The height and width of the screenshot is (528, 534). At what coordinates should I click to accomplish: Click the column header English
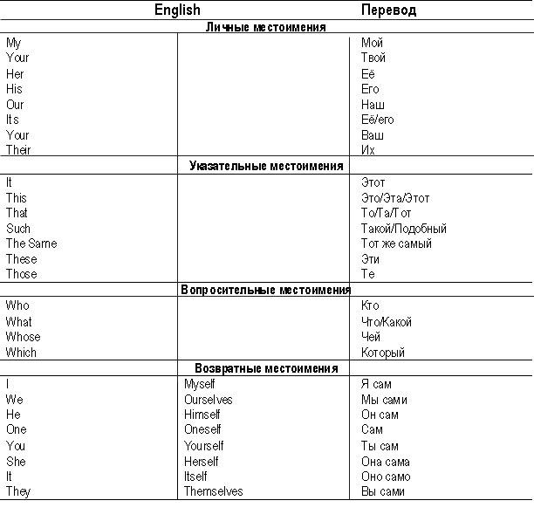click(177, 10)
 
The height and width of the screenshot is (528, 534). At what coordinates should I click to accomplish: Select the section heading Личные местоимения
click(266, 28)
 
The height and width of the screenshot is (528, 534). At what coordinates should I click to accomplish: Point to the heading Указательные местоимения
click(266, 165)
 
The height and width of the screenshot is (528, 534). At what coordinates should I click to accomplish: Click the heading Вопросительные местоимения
click(266, 290)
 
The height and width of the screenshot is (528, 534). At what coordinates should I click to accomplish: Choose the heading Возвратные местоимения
click(266, 367)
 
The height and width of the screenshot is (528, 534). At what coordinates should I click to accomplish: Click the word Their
click(19, 150)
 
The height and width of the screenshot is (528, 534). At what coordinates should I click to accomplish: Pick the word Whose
click(23, 337)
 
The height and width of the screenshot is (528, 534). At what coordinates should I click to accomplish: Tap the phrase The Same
click(31, 243)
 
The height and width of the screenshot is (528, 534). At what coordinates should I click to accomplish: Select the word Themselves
click(214, 491)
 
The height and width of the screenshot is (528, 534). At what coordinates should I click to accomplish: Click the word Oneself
click(203, 429)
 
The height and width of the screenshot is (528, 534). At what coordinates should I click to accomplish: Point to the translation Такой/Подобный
click(404, 229)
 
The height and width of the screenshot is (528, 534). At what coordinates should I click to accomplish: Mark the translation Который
click(384, 353)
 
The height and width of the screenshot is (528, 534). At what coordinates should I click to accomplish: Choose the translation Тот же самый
click(397, 243)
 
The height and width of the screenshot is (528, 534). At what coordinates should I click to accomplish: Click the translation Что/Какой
click(387, 322)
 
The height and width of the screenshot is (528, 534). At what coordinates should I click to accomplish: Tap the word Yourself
click(204, 445)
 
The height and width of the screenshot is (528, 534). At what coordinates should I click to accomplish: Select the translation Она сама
click(386, 461)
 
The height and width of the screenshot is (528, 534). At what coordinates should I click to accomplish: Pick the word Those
click(22, 274)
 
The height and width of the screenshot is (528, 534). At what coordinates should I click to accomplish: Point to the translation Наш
click(373, 105)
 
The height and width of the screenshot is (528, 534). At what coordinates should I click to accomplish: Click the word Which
click(22, 353)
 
